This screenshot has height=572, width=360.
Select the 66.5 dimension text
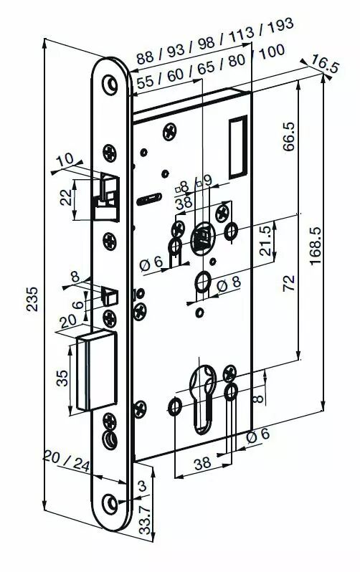click(289, 136)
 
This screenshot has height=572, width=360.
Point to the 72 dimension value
click(289, 283)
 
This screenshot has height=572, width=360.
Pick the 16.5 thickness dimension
click(326, 66)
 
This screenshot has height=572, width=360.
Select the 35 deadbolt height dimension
click(62, 378)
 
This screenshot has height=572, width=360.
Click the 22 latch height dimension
click(67, 199)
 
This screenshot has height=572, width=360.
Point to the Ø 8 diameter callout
click(229, 284)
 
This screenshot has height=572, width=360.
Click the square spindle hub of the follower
click(202, 237)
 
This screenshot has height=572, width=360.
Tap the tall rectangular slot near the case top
click(237, 148)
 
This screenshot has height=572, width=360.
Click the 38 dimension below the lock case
click(203, 463)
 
